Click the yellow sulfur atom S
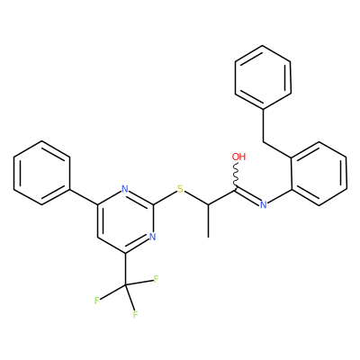point(180,189)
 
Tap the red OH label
point(238,157)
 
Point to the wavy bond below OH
point(236,175)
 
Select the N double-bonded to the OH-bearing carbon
point(264,205)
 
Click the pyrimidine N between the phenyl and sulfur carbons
point(125,189)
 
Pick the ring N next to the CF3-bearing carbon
point(153,237)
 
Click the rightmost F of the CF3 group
point(156,280)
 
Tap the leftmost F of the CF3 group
point(96,301)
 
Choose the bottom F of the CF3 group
point(135,315)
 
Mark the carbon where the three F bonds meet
point(125,285)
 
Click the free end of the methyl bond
point(208,238)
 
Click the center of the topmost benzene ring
point(263,77)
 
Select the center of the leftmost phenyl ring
point(42,173)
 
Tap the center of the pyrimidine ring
point(125,221)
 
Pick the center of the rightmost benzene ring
point(319,174)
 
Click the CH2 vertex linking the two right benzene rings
point(264,141)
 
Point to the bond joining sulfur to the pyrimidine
point(165,198)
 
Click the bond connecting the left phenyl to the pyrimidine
point(84,197)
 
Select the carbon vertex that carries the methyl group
point(208,205)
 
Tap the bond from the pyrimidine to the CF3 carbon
point(125,269)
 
